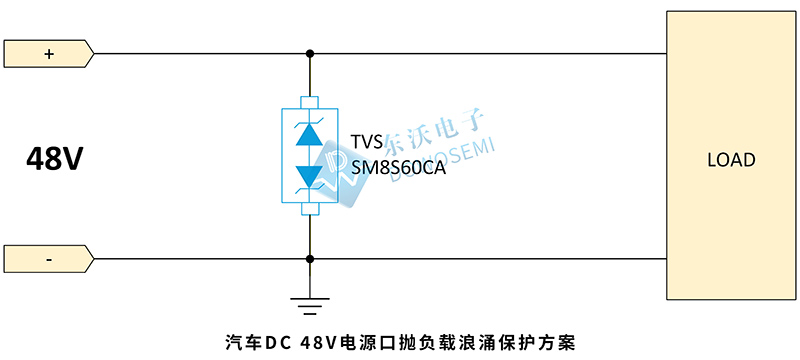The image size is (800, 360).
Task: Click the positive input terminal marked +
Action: [x=48, y=53]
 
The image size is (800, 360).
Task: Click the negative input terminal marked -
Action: [x=48, y=258]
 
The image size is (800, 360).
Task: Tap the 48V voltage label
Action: [x=54, y=158]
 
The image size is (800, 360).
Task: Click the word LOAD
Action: [x=731, y=160]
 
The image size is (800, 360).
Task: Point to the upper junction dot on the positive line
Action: [x=310, y=53]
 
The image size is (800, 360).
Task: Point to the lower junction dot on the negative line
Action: [x=310, y=258]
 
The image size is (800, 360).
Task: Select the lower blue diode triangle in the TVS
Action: [x=310, y=175]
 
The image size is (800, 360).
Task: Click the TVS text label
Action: [x=367, y=143]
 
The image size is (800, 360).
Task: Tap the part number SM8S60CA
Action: [x=398, y=167]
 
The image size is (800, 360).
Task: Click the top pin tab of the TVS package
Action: [x=310, y=102]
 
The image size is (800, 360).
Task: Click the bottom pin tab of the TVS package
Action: [x=310, y=209]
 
